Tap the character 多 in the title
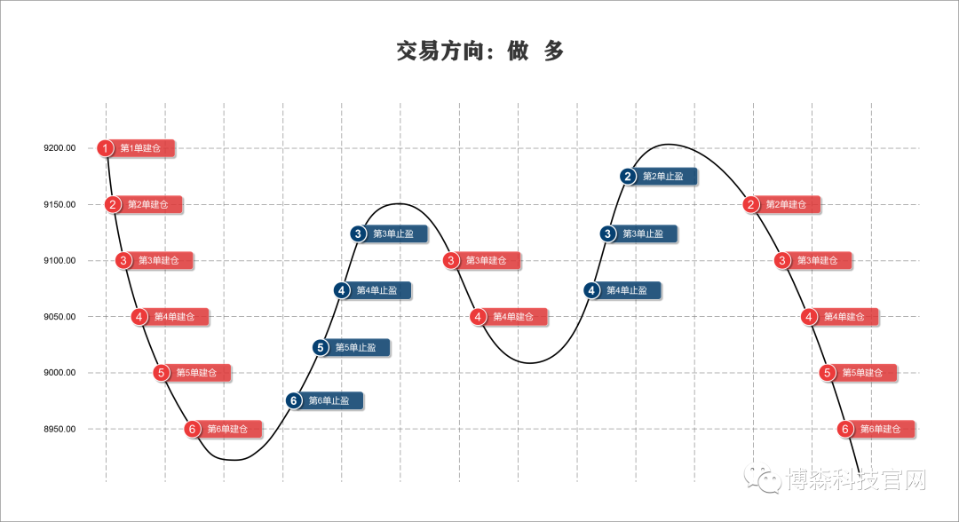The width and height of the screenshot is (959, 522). coord(553,51)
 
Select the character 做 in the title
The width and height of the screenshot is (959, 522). coord(518,51)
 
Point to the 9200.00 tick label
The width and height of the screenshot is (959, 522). coord(59,148)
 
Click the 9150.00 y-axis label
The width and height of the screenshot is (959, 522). coord(59,204)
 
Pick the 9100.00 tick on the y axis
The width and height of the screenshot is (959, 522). coord(59,260)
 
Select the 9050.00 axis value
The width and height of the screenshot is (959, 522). coord(59,317)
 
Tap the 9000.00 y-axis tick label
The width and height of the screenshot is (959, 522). coord(59,372)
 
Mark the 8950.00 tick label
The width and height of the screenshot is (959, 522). coord(59,429)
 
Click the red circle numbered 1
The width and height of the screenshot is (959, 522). coord(105,148)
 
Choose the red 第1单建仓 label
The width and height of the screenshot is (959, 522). coord(140,148)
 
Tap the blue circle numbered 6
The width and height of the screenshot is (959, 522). coord(294,400)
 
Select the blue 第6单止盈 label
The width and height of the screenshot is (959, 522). coord(329,400)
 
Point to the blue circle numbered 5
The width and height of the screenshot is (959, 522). coord(321,347)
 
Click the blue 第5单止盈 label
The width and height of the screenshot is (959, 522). coord(356,347)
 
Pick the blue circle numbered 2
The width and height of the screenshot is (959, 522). coord(628,177)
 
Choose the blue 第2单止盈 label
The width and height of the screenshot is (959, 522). coord(663,177)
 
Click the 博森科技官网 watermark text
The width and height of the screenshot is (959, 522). coord(856,479)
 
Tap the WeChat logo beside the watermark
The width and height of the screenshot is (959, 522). coord(763,478)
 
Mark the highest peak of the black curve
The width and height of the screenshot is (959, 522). coord(668,144)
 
